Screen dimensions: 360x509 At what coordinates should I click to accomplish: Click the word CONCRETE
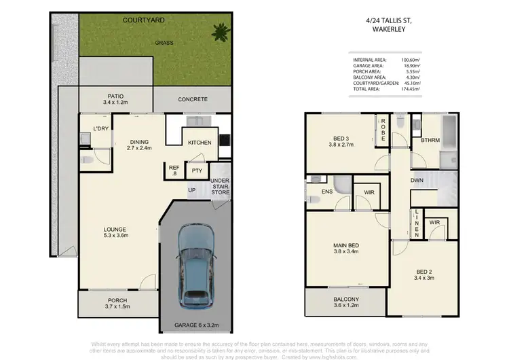(193, 99)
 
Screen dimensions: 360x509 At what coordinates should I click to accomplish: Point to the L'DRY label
(101, 128)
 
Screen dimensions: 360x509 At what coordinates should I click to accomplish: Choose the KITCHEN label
(200, 142)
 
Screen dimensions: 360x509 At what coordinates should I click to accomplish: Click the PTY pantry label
(197, 171)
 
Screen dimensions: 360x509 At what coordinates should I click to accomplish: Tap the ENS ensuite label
(327, 192)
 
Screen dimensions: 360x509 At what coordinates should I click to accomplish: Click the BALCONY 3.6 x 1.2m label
(346, 303)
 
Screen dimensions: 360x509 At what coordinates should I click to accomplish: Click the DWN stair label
(418, 181)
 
